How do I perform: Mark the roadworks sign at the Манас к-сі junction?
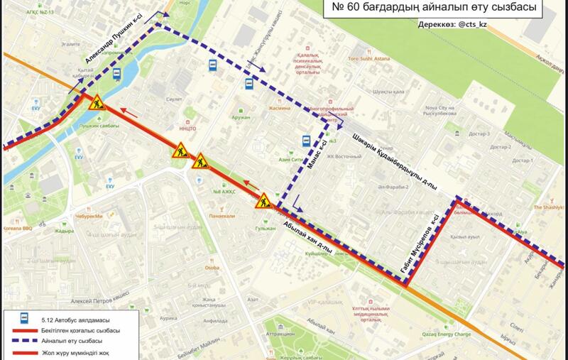pos(264,200)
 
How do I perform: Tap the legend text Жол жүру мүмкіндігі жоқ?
pos(79,352)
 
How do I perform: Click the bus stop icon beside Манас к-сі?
pos(307,141)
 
